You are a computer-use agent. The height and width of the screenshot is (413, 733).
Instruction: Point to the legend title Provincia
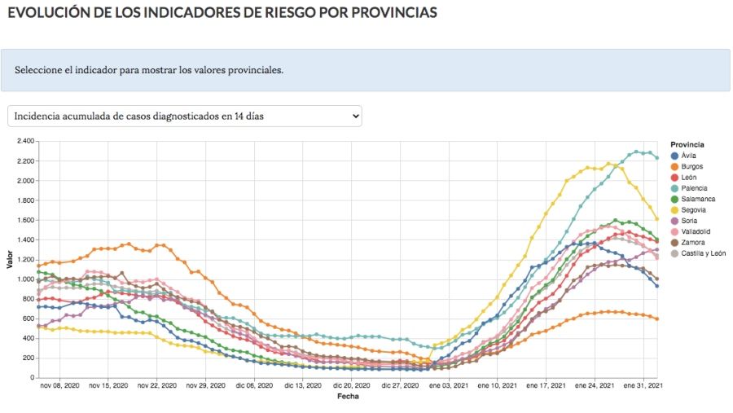(x=687, y=144)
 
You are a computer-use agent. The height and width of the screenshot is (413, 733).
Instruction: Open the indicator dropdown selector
(x=184, y=116)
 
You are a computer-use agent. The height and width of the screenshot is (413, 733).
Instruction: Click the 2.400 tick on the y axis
(x=24, y=141)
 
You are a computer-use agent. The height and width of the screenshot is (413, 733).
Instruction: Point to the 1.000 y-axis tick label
(x=24, y=279)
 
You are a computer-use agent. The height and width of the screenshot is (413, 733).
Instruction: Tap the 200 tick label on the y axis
(x=27, y=358)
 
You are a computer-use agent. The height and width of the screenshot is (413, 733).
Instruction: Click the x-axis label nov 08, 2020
(x=60, y=386)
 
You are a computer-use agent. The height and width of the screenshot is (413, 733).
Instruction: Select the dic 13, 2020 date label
(x=301, y=386)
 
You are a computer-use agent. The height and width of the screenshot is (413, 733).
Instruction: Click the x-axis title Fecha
(x=347, y=397)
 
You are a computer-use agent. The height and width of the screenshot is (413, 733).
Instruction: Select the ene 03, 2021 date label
(x=447, y=386)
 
